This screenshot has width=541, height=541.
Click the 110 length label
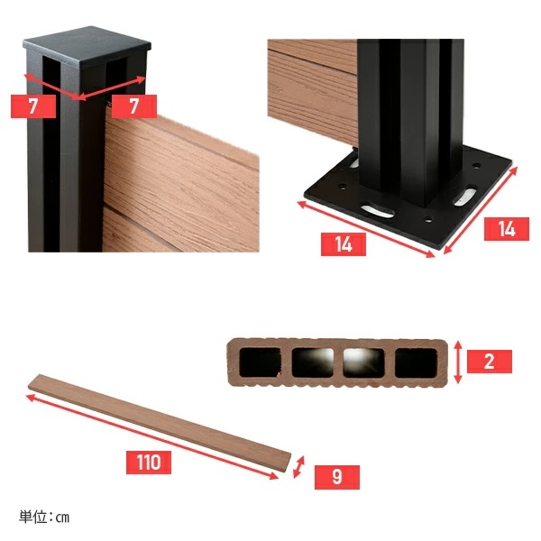150,463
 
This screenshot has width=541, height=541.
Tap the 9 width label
335,476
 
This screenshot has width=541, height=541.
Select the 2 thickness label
489,362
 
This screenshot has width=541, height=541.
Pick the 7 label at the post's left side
33,106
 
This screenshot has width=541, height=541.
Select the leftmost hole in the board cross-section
257,362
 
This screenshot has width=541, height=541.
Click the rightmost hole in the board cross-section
415,362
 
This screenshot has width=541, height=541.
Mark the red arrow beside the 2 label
460,362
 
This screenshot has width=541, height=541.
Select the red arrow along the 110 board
162,431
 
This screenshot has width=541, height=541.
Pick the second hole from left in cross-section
309,362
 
